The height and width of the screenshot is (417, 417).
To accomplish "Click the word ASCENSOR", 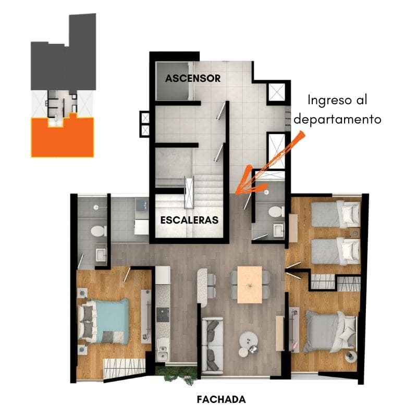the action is [193, 78].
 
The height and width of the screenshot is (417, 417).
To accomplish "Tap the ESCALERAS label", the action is [189, 220].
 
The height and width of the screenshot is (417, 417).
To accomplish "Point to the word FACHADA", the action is [221, 399].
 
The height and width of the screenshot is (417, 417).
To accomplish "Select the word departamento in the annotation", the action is [337, 119].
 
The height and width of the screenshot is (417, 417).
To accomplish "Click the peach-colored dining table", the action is [250, 285].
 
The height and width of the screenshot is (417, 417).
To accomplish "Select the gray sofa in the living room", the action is [212, 345].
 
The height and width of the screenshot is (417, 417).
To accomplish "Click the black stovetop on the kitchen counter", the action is [163, 315].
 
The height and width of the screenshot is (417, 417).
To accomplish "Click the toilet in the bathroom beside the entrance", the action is [276, 212].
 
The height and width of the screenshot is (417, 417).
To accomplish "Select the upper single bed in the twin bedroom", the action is [336, 214].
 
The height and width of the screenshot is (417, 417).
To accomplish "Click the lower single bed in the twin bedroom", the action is [336, 252].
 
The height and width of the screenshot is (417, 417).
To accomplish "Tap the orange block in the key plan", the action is [63, 138].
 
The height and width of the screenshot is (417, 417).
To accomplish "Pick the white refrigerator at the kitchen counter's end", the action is [163, 275].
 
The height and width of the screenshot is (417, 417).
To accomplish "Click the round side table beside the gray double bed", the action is [351, 357].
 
